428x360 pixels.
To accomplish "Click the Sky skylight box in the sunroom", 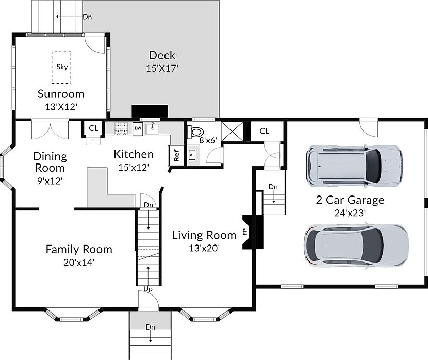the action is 61,67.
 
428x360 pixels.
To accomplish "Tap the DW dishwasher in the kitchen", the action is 138,128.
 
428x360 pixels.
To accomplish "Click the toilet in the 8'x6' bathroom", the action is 195,132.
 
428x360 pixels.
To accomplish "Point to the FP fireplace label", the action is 245,232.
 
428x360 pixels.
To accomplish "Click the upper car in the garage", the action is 354,166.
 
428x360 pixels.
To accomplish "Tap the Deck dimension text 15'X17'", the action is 162,68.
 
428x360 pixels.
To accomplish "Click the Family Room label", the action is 79,250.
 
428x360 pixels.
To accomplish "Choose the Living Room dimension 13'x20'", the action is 204,248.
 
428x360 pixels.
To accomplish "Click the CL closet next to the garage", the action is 264,132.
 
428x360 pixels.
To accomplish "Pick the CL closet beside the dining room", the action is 94,128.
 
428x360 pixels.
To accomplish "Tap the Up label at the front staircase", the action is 148,289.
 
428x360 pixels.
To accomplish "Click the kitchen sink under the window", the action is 153,128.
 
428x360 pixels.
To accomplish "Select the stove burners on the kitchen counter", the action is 121,128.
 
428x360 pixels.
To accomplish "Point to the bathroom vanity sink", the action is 192,155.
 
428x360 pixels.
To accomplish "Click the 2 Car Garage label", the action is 350,200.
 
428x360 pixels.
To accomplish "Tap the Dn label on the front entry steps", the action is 151,327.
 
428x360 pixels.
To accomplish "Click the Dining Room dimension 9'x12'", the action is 50,181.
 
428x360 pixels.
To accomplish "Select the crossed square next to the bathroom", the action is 232,132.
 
